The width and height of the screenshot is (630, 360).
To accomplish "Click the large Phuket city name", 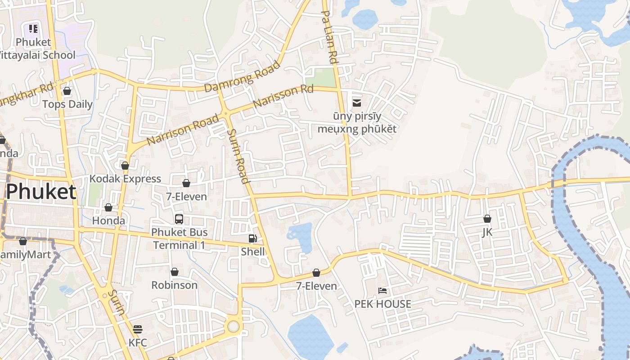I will (x=41, y=192).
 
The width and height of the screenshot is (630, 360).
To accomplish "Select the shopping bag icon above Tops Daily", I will (x=67, y=91).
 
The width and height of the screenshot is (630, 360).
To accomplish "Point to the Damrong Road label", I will (x=242, y=76).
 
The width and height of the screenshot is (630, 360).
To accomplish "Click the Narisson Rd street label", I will (x=283, y=96).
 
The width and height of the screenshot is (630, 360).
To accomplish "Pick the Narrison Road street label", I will (x=183, y=129).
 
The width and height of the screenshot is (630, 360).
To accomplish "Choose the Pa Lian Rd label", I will (x=329, y=37).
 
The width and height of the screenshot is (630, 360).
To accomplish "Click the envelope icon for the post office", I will (x=357, y=103).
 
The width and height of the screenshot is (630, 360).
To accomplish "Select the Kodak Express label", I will (x=125, y=179).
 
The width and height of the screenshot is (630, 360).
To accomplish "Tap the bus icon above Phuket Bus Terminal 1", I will (x=179, y=219).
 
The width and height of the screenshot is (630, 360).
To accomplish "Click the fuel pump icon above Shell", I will (x=253, y=238).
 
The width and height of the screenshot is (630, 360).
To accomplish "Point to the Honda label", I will (x=108, y=220).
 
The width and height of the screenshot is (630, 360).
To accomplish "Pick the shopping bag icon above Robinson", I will (x=174, y=272).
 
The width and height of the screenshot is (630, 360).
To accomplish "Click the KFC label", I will (x=138, y=342).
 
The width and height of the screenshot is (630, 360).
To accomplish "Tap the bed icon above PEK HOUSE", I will (x=382, y=291).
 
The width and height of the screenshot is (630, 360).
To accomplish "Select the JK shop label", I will (x=487, y=232).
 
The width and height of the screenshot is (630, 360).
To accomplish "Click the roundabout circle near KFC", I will (x=233, y=326).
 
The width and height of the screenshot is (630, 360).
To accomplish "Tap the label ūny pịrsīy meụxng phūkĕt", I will (x=357, y=123).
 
